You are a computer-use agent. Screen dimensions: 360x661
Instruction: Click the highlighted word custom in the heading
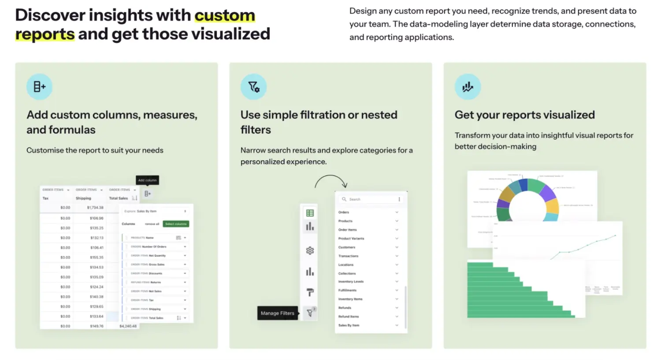click(x=225, y=15)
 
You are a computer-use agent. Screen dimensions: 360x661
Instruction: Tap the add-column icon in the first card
click(x=39, y=86)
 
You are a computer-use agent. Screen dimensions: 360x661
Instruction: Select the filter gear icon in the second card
click(x=253, y=86)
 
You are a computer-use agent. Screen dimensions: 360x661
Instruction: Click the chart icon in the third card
click(x=468, y=86)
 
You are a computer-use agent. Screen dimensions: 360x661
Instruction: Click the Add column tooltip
click(x=147, y=180)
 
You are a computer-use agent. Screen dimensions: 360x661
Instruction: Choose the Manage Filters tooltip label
click(x=278, y=313)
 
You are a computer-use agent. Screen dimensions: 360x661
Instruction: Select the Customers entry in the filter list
click(x=347, y=247)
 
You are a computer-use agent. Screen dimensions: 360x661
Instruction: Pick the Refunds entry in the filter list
click(x=345, y=308)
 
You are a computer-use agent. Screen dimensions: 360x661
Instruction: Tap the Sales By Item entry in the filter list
click(x=349, y=325)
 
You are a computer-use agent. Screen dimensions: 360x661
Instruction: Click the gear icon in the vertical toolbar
click(x=310, y=250)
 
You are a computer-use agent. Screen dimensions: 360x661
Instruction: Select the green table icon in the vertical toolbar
click(x=310, y=213)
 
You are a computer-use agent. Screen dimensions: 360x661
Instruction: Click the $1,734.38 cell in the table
click(x=95, y=208)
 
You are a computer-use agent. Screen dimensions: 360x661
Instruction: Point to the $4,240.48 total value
click(x=128, y=327)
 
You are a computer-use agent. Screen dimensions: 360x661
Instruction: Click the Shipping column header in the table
click(x=83, y=198)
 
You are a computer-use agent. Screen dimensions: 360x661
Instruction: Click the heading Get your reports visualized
click(x=524, y=115)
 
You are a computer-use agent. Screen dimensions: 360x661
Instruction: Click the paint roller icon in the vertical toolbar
click(x=310, y=292)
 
